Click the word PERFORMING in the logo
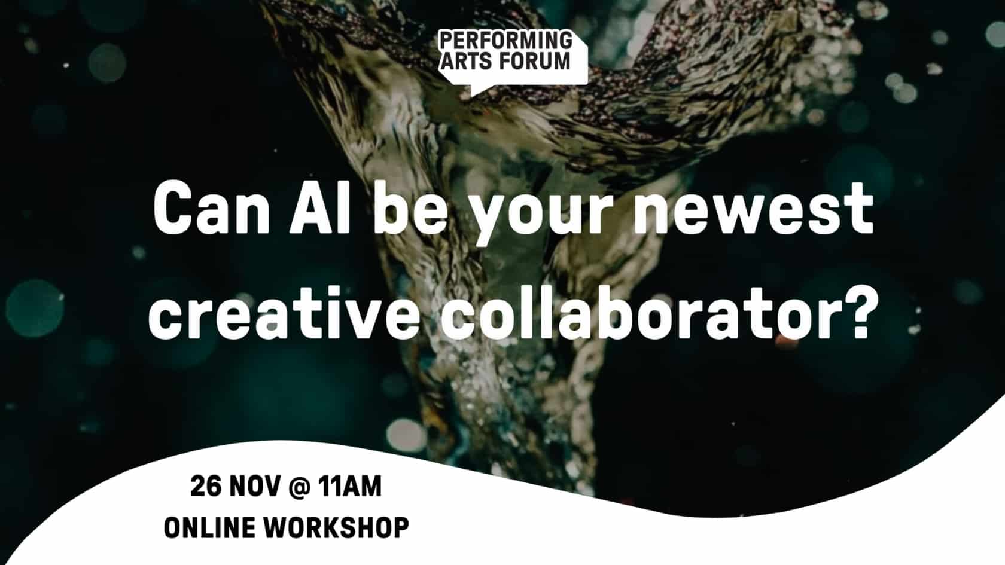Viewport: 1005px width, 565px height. click(505, 41)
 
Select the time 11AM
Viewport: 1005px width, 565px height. click(350, 486)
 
